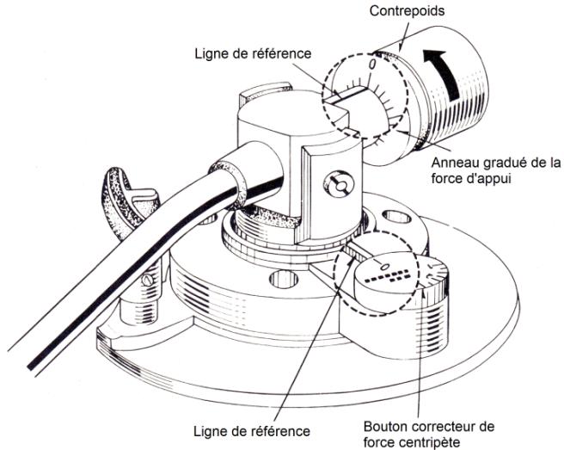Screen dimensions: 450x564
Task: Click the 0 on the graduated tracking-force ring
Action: (x=371, y=64)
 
